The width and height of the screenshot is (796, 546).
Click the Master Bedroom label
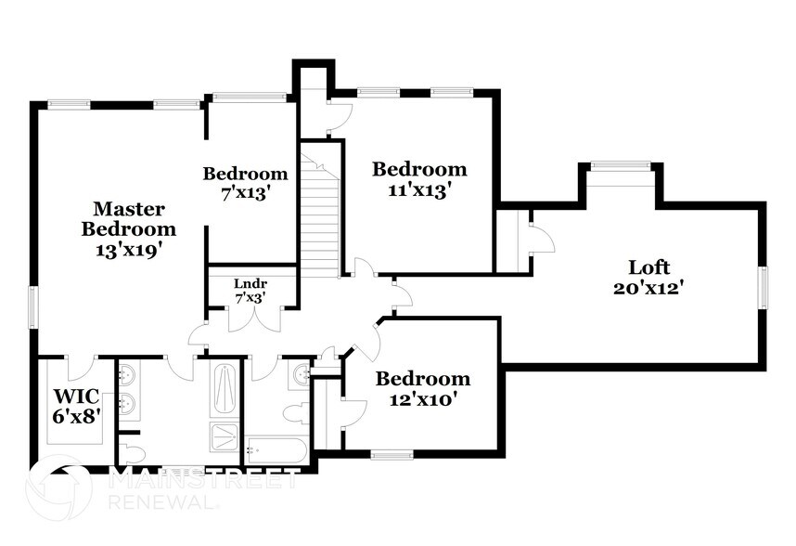pyautogui.click(x=128, y=218)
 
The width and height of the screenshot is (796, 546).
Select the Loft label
pyautogui.click(x=648, y=267)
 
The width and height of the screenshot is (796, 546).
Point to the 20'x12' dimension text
pyautogui.click(x=648, y=288)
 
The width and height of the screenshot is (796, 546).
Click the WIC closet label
pyautogui.click(x=76, y=397)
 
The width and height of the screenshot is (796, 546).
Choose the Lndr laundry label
pyautogui.click(x=250, y=283)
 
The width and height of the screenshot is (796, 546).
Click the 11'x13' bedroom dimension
pyautogui.click(x=419, y=189)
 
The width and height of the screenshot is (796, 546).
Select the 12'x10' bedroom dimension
pyautogui.click(x=422, y=399)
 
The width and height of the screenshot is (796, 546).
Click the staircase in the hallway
pyautogui.click(x=321, y=219)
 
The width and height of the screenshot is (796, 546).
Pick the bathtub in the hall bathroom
pyautogui.click(x=276, y=451)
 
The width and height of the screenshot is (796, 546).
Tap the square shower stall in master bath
pyautogui.click(x=225, y=437)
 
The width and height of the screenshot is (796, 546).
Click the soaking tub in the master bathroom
pyautogui.click(x=225, y=390)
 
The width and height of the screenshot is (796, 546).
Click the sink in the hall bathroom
pyautogui.click(x=302, y=374)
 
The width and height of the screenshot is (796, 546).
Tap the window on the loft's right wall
pyautogui.click(x=764, y=287)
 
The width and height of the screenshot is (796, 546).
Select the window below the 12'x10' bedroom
pyautogui.click(x=391, y=454)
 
